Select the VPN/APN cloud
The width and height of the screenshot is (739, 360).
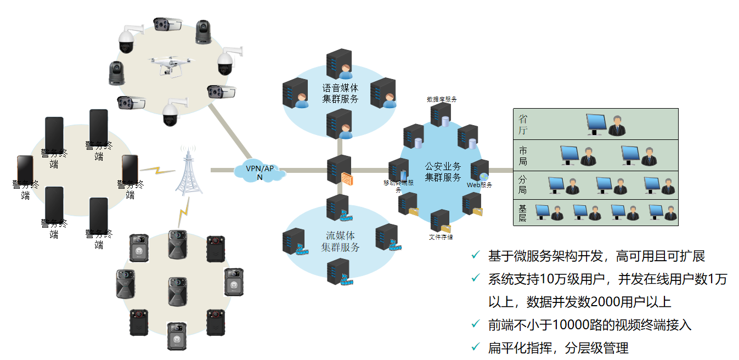click(260, 172)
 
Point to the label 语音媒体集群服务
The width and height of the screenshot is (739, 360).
click(340, 93)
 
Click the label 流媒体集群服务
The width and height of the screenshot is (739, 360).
click(340, 241)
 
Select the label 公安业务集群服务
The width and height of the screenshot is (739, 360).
click(443, 171)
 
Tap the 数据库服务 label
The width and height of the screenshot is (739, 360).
click(442, 99)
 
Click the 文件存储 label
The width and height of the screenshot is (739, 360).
click(441, 237)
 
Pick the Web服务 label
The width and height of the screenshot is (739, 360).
click(479, 185)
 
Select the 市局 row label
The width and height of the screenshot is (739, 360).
click(523, 156)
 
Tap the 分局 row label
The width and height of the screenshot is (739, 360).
click(523, 184)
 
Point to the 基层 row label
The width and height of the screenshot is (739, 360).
click(523, 213)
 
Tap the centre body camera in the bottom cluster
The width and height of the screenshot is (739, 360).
click(177, 283)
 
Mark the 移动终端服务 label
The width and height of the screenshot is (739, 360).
click(399, 185)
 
